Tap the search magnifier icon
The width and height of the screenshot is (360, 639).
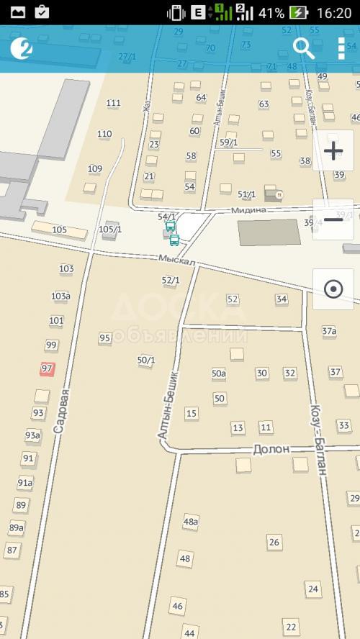(304, 48)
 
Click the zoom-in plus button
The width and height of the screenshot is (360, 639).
(333, 150)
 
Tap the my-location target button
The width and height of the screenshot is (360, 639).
(333, 289)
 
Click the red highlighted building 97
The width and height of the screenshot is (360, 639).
(48, 368)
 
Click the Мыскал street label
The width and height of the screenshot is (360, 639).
(178, 260)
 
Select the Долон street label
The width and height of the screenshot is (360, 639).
(271, 449)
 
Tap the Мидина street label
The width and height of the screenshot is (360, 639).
(249, 209)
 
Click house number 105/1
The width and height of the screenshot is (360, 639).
(110, 230)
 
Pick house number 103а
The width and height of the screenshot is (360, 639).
(60, 296)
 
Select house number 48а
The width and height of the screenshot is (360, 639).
(191, 521)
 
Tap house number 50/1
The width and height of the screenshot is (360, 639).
(146, 360)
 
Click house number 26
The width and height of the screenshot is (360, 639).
(274, 542)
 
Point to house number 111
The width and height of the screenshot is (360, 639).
(113, 103)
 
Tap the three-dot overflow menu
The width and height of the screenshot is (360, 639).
(341, 48)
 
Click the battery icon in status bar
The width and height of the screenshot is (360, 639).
(298, 12)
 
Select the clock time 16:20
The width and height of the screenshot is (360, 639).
(333, 12)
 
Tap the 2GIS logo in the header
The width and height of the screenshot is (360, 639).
(22, 48)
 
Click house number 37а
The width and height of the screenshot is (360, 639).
(329, 331)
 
